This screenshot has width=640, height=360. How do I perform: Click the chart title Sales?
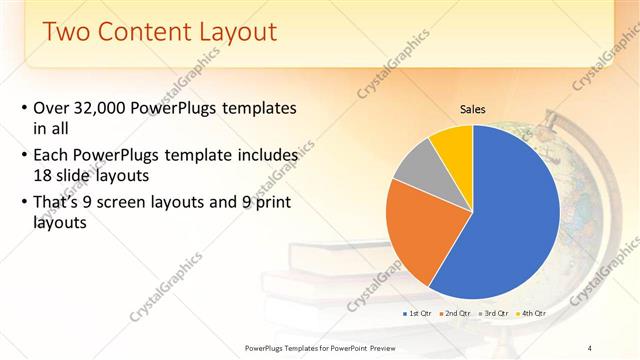click(x=473, y=109)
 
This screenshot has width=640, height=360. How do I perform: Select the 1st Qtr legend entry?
click(x=419, y=313)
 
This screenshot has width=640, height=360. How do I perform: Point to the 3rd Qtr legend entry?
click(x=496, y=313)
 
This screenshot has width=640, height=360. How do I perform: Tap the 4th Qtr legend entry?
click(x=533, y=313)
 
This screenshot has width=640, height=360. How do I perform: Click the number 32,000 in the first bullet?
click(x=107, y=108)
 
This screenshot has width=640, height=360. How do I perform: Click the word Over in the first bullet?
click(x=51, y=108)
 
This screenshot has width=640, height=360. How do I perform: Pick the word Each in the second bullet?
click(x=52, y=156)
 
